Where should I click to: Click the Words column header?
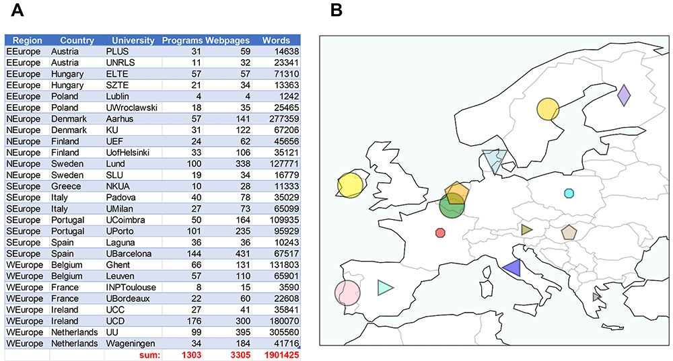click(276, 40)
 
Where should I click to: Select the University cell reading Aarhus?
click(119, 119)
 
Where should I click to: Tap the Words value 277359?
click(282, 119)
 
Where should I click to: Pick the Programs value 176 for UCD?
click(194, 321)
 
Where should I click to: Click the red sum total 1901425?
click(281, 355)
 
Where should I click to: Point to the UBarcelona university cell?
click(129, 253)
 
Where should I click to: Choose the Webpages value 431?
click(242, 253)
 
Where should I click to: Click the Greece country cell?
click(66, 186)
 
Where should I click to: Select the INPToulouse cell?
click(131, 287)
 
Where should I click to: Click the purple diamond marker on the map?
click(624, 95)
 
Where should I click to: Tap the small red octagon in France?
click(440, 233)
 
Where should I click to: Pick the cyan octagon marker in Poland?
click(569, 194)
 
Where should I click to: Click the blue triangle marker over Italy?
click(513, 268)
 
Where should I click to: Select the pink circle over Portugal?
click(347, 293)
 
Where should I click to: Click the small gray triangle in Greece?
click(596, 296)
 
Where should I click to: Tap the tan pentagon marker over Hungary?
click(569, 233)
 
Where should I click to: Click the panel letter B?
click(336, 10)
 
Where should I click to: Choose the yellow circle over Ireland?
click(350, 186)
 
